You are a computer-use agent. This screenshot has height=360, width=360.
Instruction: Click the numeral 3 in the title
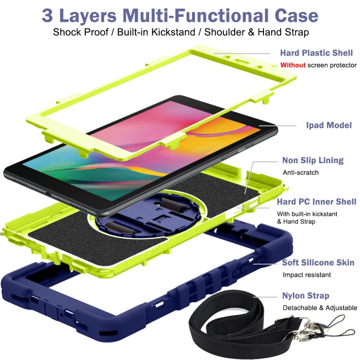point(48,15)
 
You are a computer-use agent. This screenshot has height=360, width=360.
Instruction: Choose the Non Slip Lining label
point(313,160)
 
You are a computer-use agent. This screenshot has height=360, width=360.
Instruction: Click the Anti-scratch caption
point(300,172)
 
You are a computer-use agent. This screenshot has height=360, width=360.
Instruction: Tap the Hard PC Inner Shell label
point(316,202)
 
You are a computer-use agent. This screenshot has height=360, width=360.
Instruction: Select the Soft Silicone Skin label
point(318,263)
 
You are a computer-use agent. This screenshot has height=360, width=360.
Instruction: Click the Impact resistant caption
point(307,275)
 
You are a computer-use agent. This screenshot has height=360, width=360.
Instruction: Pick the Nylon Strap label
point(306,296)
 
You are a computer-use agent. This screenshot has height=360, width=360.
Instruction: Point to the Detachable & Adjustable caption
point(320,308)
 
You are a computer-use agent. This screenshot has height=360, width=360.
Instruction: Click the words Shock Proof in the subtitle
point(76,33)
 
